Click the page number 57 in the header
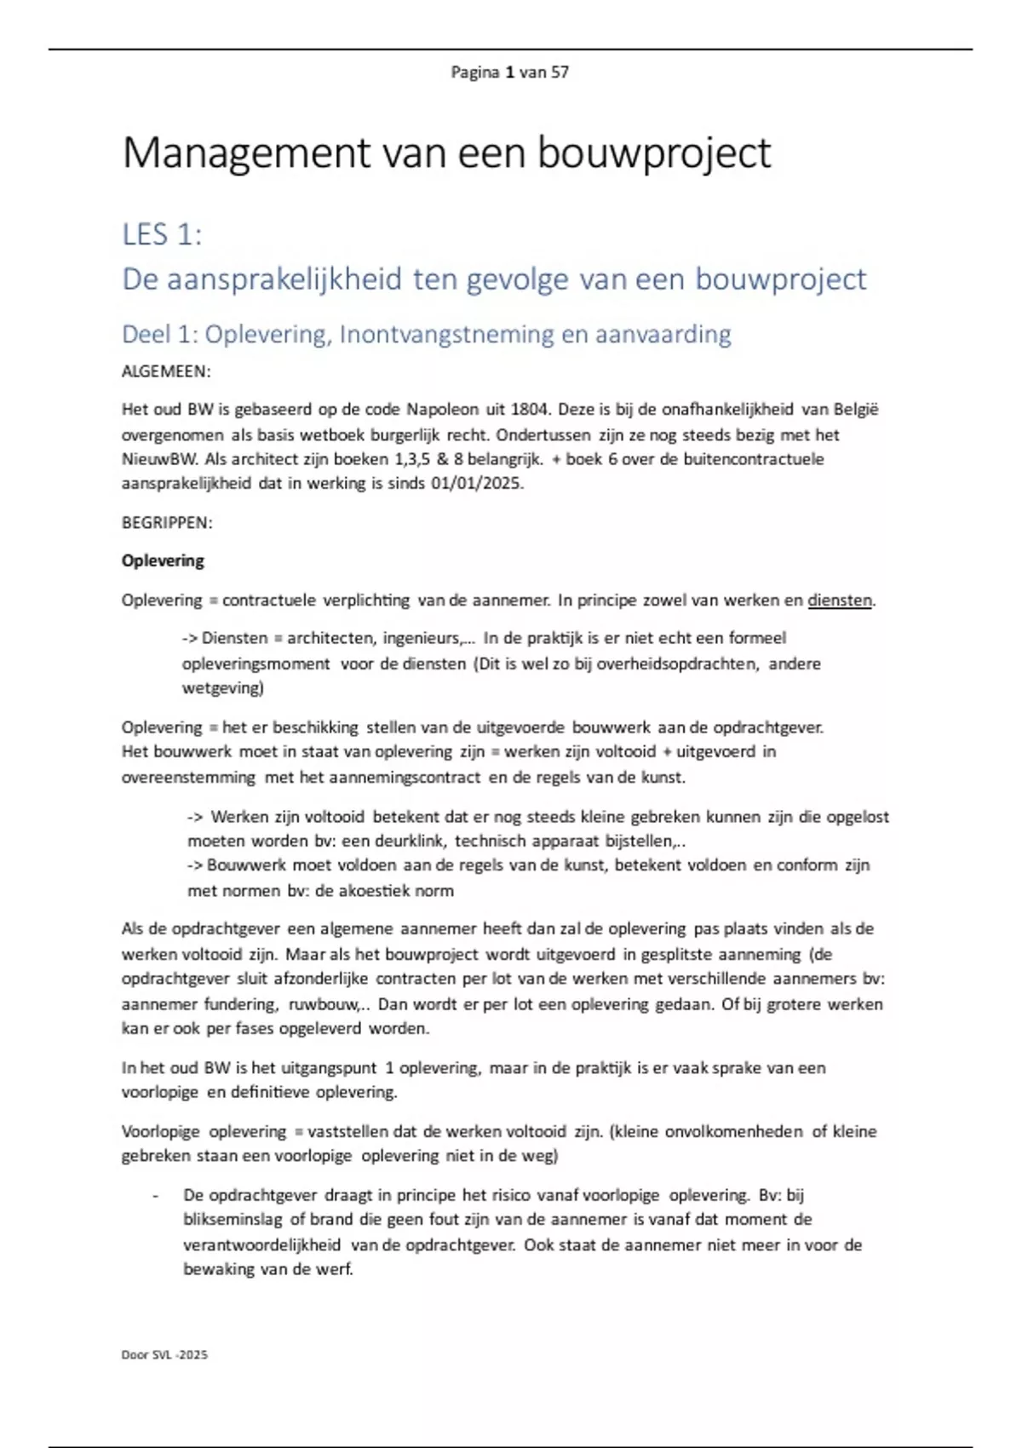pyautogui.click(x=560, y=72)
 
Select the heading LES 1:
pyautogui.click(x=162, y=234)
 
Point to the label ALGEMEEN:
pyautogui.click(x=166, y=371)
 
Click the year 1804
pyautogui.click(x=529, y=410)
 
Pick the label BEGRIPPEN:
pyautogui.click(x=167, y=523)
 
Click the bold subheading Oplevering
pyautogui.click(x=163, y=560)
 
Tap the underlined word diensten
pyautogui.click(x=840, y=600)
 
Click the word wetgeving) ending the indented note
pyautogui.click(x=223, y=687)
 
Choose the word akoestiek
pyautogui.click(x=375, y=891)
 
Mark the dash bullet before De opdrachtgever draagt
pyautogui.click(x=155, y=1196)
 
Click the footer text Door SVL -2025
pyautogui.click(x=164, y=1354)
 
